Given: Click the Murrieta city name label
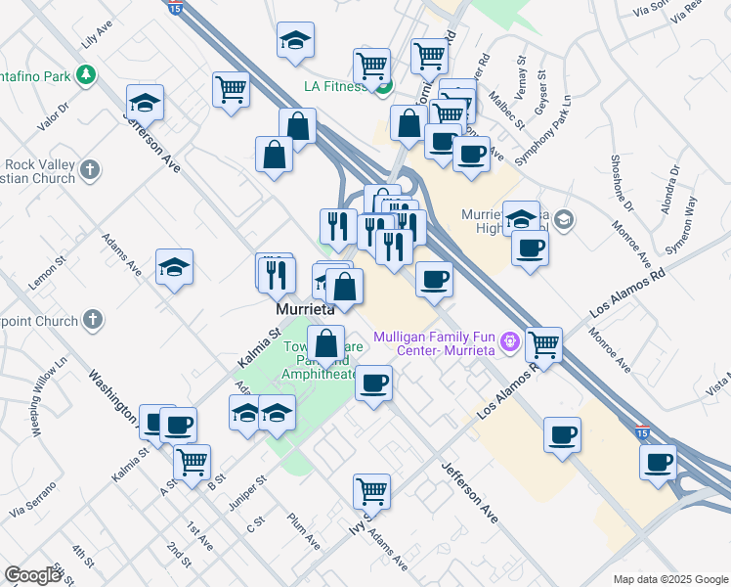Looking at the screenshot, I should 303,308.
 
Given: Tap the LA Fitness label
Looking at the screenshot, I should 334,87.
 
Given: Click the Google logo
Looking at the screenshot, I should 32,575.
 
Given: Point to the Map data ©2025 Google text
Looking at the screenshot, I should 669,579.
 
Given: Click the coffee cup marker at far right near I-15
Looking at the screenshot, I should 659,462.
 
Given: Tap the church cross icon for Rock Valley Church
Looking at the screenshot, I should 90,169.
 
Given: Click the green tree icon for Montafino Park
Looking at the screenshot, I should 87,73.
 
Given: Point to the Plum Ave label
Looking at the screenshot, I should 303,529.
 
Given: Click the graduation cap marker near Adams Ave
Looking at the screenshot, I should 174,267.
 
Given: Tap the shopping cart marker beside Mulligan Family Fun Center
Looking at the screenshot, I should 543,344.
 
